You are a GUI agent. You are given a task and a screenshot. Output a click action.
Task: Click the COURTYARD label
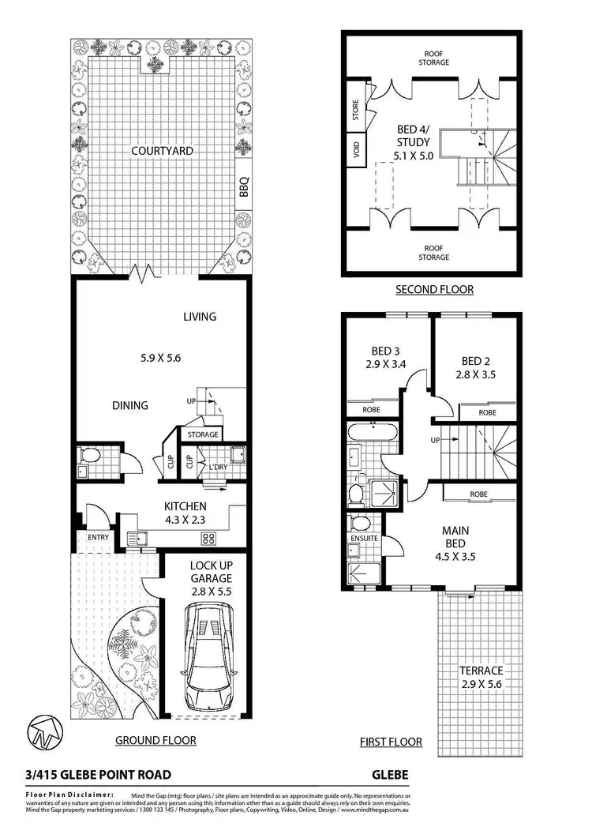[162, 150]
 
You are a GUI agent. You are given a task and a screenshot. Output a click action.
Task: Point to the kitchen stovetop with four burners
[209, 539]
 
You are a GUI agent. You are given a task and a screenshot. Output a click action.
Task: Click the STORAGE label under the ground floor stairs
[202, 434]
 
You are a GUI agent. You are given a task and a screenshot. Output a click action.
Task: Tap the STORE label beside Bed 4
[355, 108]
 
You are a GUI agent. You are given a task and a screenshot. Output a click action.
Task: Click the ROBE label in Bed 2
[487, 412]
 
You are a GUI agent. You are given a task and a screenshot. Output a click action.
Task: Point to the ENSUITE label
[364, 539]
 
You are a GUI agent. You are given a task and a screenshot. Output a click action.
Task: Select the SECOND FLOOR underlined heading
[434, 290]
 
